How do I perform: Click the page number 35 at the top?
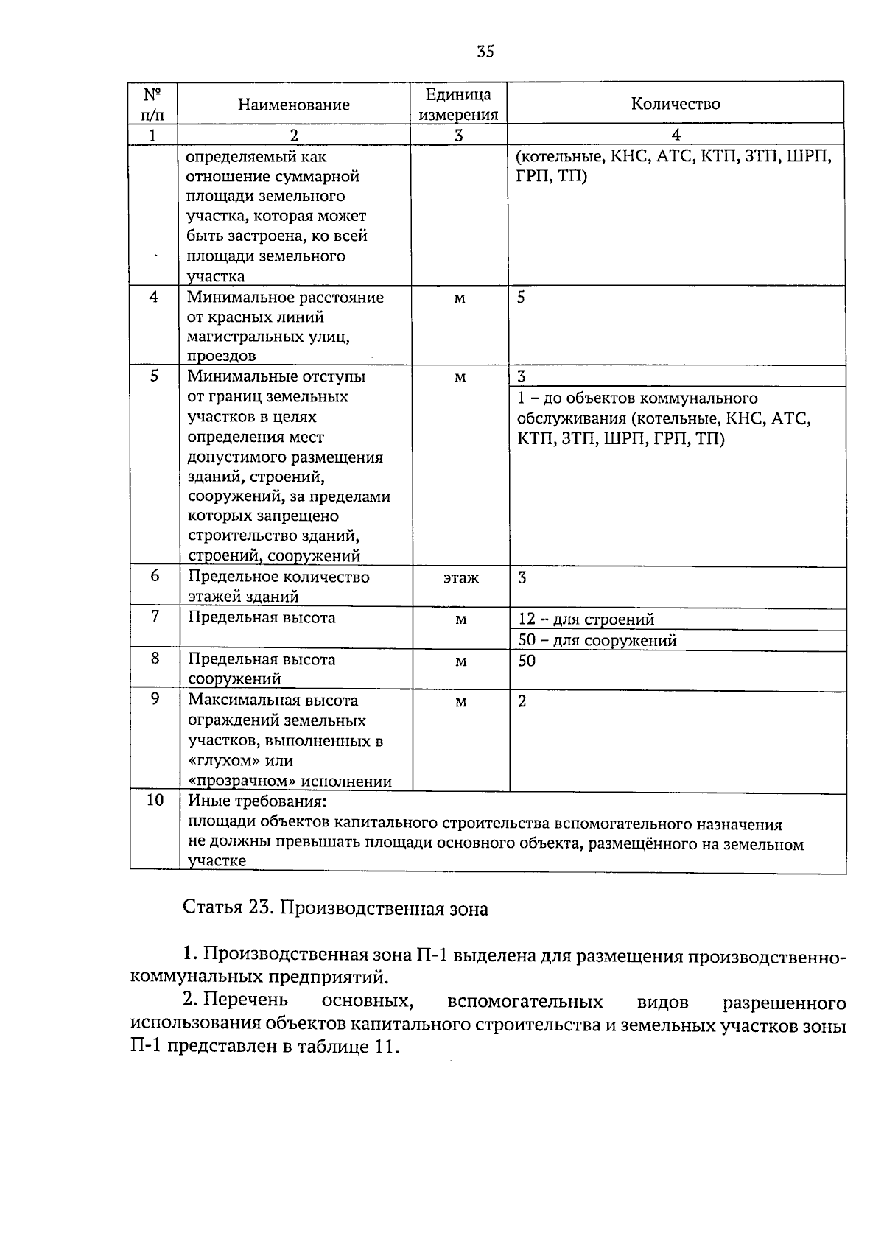click(x=485, y=52)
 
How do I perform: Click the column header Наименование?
click(x=293, y=105)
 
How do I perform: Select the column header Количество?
click(x=676, y=104)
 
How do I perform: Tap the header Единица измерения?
click(x=458, y=105)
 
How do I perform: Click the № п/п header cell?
click(x=152, y=105)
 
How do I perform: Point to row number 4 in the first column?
click(x=154, y=298)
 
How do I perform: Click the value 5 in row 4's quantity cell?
click(x=521, y=298)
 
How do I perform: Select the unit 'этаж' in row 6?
click(x=460, y=578)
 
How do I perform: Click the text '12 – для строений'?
click(x=586, y=619)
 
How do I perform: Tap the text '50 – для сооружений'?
click(x=597, y=640)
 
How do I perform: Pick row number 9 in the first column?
click(x=155, y=700)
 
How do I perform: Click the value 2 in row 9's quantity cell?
click(x=522, y=701)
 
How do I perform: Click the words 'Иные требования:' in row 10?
click(x=257, y=801)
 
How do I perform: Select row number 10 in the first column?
click(x=155, y=800)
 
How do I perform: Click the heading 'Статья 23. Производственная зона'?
click(x=335, y=909)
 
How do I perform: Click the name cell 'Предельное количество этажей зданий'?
click(x=278, y=586)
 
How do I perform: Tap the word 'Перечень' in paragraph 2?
click(x=246, y=1001)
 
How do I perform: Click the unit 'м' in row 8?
click(x=460, y=661)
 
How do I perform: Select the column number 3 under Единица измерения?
click(x=458, y=135)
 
